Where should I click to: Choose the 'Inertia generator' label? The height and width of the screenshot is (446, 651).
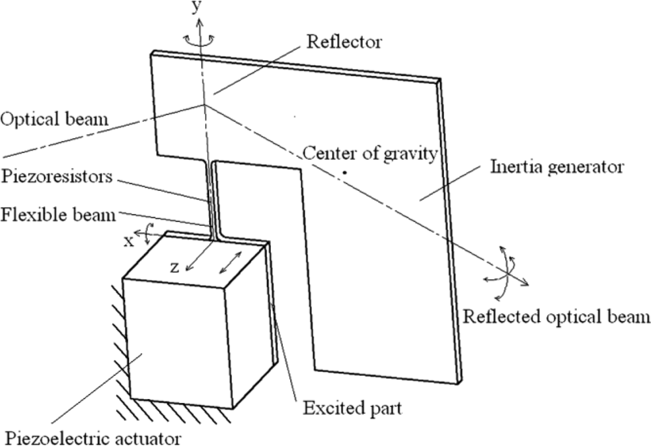pos(556,167)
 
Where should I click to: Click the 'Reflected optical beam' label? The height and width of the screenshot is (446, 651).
pos(556,317)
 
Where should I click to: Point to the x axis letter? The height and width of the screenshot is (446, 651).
pos(129,241)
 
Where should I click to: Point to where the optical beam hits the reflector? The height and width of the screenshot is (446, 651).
pos(205,104)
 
